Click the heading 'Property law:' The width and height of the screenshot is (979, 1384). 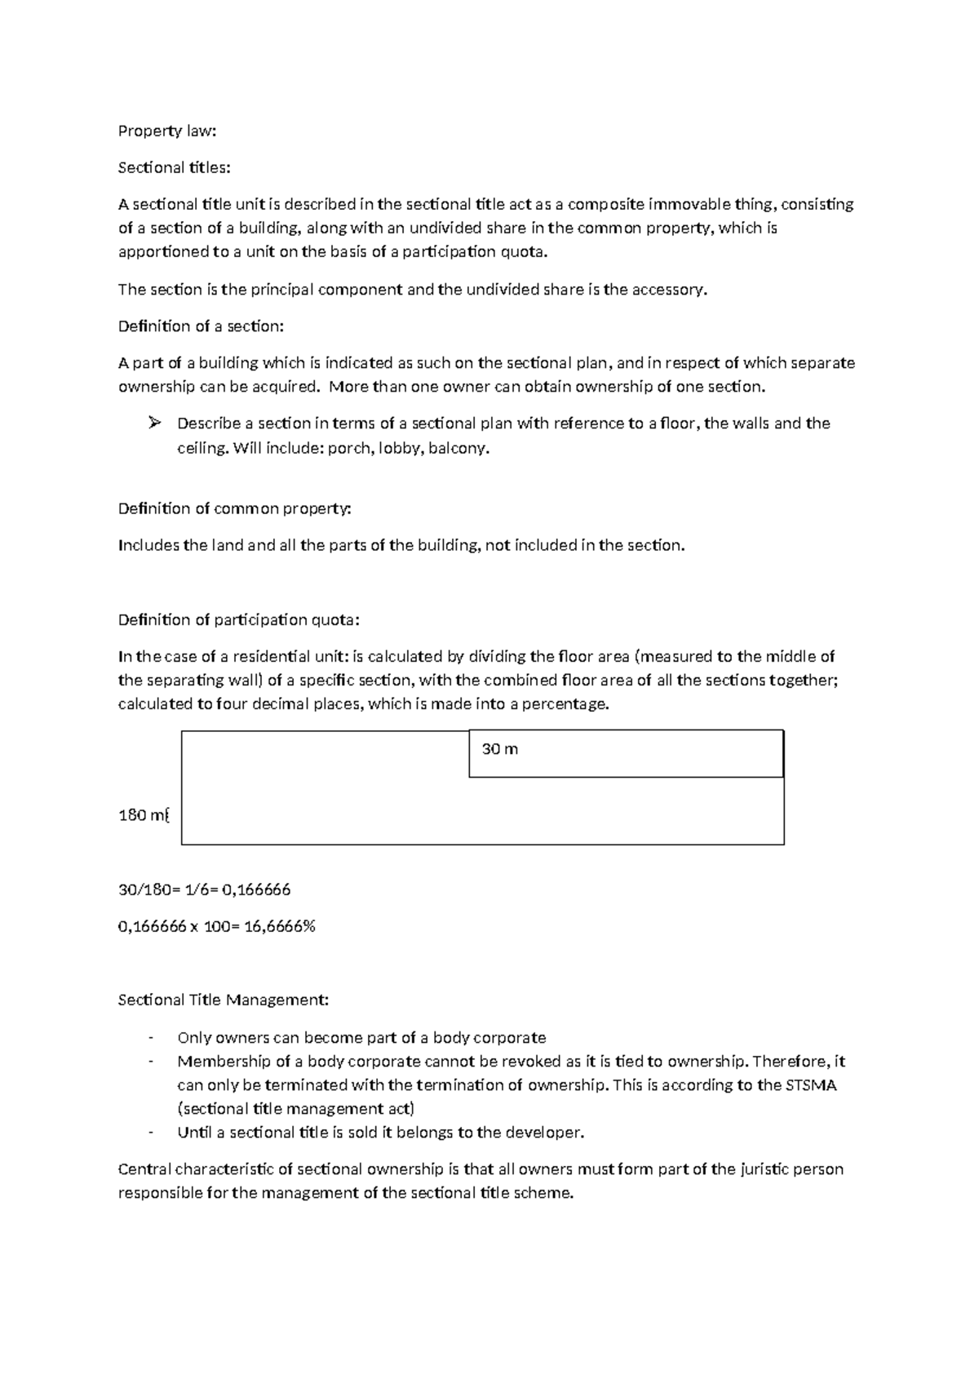click(x=168, y=131)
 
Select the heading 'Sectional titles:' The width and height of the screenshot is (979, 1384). click(x=175, y=167)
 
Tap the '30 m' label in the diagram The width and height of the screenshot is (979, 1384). click(x=500, y=749)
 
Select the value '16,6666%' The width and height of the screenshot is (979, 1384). click(x=277, y=926)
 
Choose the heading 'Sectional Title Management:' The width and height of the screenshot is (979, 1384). click(x=224, y=1000)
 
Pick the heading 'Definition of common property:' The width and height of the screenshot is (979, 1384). click(x=235, y=508)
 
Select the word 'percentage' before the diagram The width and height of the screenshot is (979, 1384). click(x=567, y=704)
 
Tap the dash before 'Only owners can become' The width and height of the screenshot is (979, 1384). click(x=151, y=1038)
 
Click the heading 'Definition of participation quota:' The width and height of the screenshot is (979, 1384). click(x=238, y=619)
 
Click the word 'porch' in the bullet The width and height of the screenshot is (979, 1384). click(x=348, y=448)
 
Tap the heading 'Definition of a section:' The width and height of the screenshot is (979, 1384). click(x=201, y=326)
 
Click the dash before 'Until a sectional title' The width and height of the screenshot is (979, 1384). click(x=151, y=1133)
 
